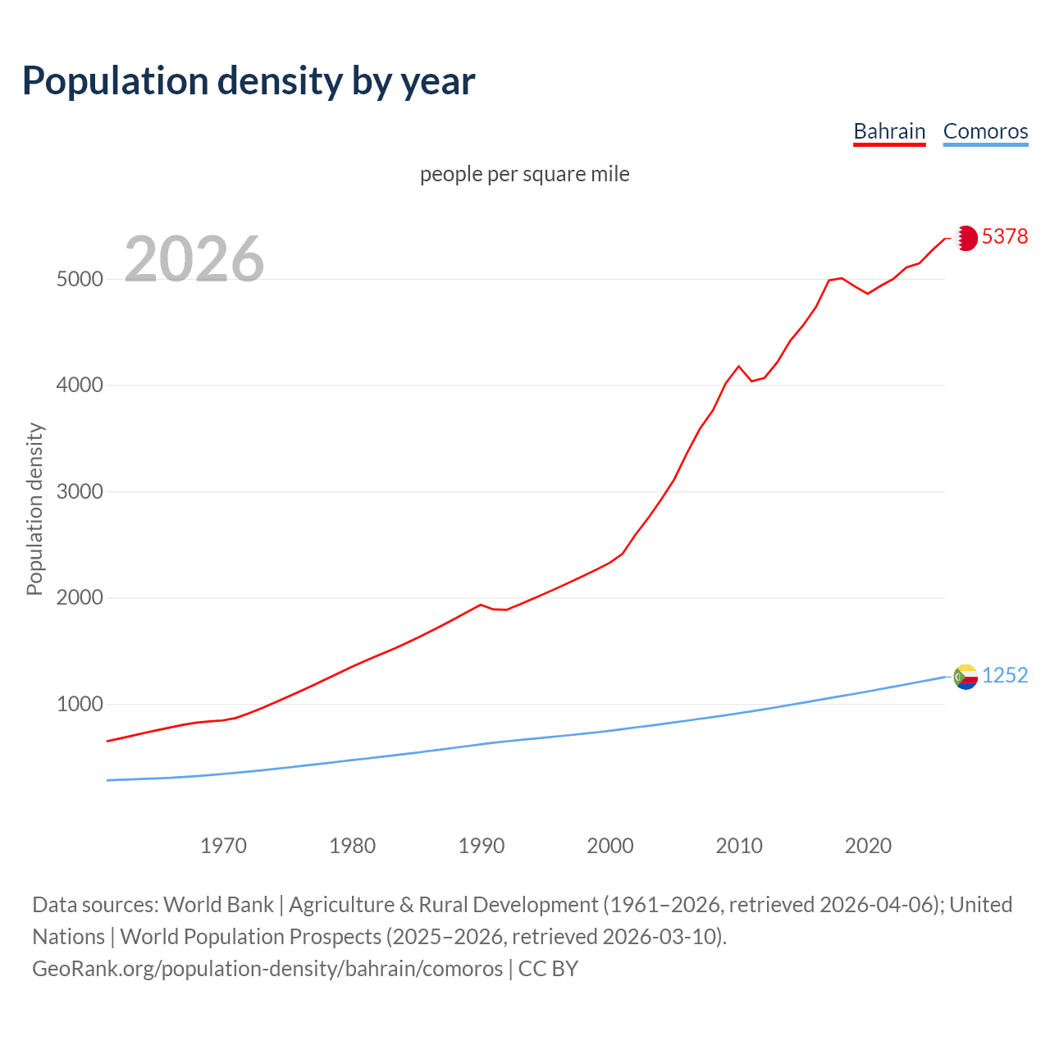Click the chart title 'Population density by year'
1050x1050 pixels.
pos(249,80)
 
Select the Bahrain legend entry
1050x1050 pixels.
pos(889,131)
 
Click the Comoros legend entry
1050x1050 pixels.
pos(985,131)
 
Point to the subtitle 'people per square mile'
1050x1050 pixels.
pos(525,174)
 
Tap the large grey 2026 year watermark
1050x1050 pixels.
pos(194,259)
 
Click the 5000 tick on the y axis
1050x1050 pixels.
pos(80,279)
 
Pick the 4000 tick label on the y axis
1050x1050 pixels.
pos(80,385)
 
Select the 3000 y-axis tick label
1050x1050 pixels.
pos(80,491)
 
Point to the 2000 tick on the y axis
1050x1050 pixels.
pos(80,598)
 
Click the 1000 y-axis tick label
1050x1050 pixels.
pos(80,704)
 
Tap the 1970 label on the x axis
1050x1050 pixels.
pos(223,846)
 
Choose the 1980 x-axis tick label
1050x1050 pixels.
pos(352,846)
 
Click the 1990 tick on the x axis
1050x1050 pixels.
pos(482,846)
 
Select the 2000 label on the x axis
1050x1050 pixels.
pos(610,846)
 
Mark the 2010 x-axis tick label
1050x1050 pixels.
pos(739,846)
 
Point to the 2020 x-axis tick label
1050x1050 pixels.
pos(868,846)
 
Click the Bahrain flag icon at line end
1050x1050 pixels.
pos(966,238)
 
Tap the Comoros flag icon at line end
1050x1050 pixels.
pos(966,677)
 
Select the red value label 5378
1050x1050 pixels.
pos(1005,236)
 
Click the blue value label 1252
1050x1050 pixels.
pos(1005,675)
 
